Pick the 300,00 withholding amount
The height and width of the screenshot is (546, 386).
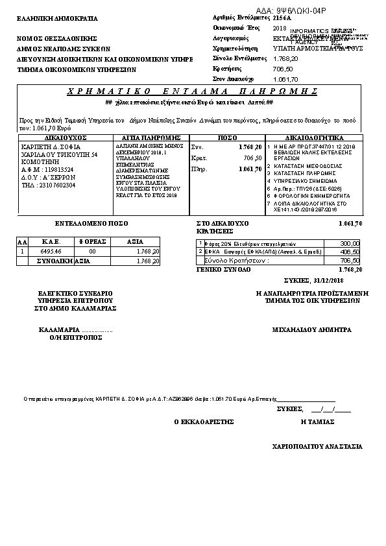[x=350, y=243]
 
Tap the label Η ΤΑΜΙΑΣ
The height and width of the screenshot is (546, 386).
[x=318, y=421]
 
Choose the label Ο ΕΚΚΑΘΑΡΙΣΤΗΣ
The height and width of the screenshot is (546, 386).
[x=203, y=421]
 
